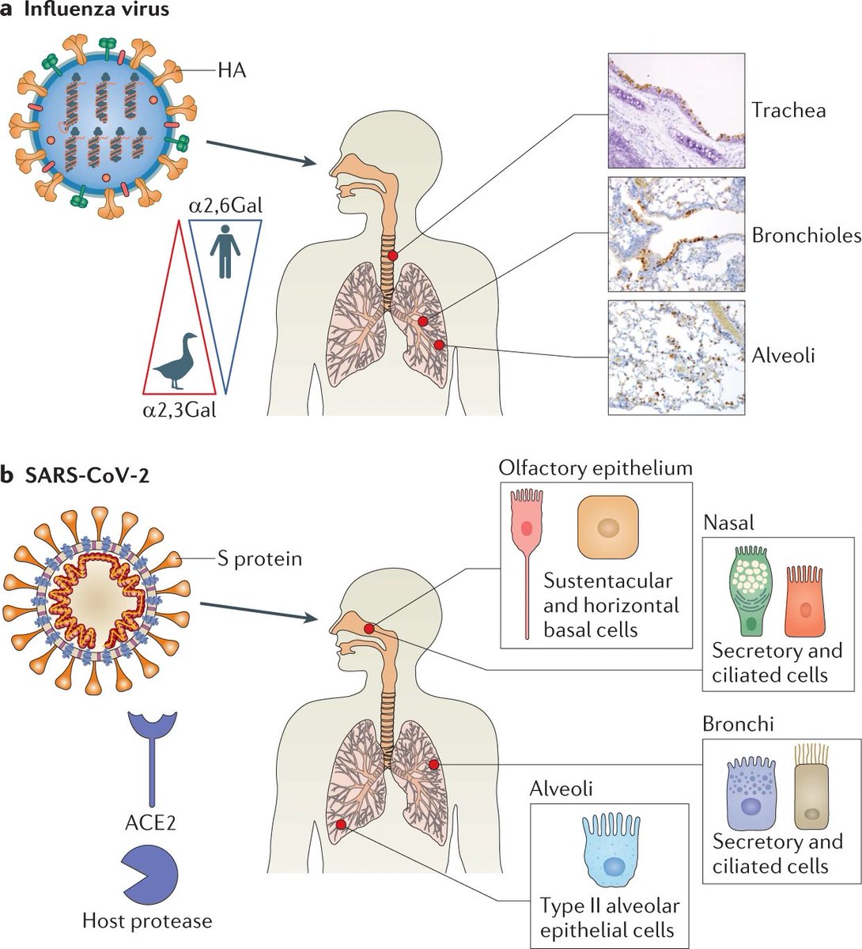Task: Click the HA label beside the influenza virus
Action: (232, 71)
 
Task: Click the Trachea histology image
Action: (676, 111)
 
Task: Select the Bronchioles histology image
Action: (676, 234)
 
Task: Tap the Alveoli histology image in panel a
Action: (676, 357)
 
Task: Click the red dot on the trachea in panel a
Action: (393, 255)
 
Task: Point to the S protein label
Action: (259, 559)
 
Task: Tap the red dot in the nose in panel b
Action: (369, 628)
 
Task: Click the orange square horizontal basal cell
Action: (607, 527)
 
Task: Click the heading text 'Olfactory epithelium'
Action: (595, 467)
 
